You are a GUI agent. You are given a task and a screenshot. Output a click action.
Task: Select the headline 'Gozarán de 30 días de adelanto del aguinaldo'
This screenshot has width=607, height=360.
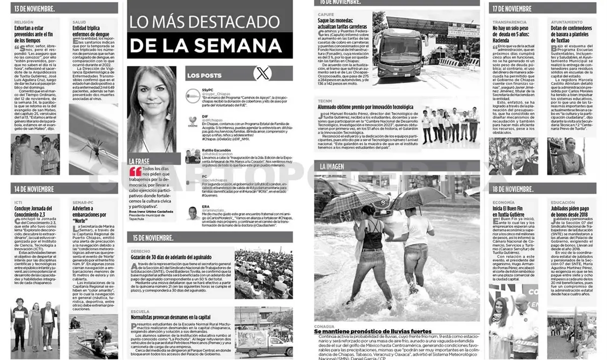[x=171, y=257]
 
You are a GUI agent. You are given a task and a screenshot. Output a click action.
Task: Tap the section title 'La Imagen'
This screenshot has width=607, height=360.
[x=332, y=167]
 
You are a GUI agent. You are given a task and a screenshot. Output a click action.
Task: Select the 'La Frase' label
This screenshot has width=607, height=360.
[x=139, y=161]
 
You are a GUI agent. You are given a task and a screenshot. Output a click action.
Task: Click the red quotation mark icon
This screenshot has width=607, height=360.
[x=135, y=171]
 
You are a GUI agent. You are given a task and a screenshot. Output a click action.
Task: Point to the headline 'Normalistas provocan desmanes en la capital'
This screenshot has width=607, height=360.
[x=170, y=318]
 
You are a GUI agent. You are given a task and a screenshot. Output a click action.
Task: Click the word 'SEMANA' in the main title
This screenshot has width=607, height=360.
[x=244, y=45]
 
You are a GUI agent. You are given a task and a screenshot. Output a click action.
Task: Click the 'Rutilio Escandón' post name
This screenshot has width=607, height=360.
[x=216, y=151]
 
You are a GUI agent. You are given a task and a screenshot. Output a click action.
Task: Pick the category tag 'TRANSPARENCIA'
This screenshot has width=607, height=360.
[x=509, y=22]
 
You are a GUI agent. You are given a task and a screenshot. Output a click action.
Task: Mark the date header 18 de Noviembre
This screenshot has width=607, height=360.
[x=513, y=189]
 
